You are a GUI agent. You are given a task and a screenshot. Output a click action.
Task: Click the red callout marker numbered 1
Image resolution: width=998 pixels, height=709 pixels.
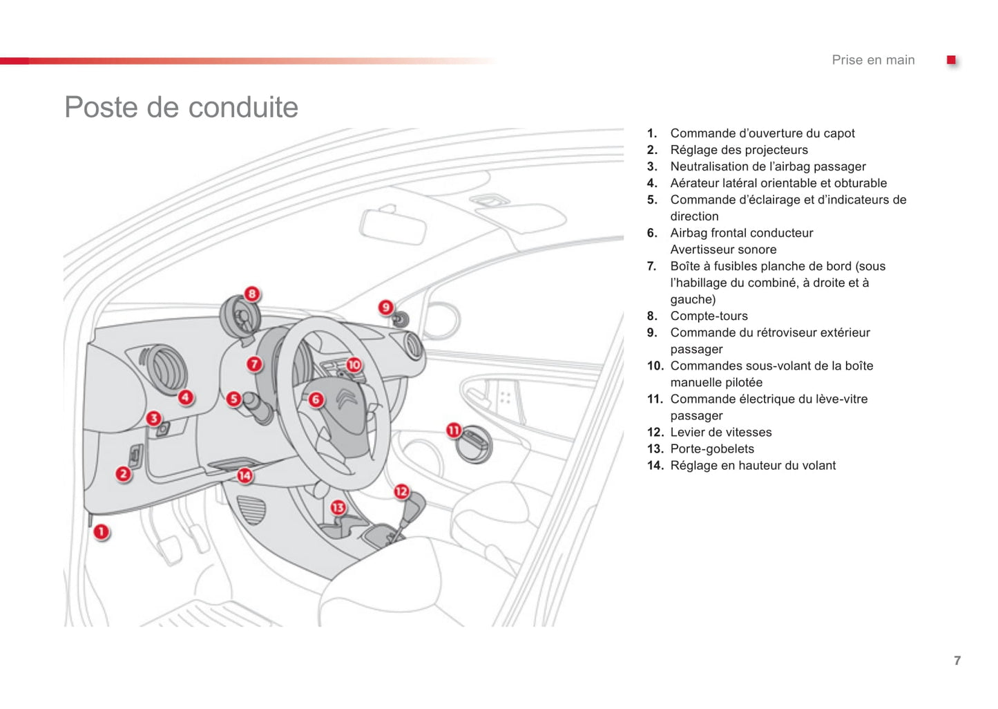[x=102, y=532]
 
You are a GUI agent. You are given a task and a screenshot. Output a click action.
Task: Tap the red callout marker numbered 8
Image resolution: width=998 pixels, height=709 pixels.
[x=252, y=294]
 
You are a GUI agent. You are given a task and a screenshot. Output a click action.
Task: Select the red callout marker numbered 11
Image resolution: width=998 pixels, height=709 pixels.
[x=454, y=431]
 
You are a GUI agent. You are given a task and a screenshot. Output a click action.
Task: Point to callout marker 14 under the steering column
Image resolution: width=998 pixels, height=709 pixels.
[x=244, y=475]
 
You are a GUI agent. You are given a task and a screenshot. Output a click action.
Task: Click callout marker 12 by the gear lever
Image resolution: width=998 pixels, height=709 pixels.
[x=401, y=492]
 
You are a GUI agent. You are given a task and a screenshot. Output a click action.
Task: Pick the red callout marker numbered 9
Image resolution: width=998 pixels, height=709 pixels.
[x=386, y=308]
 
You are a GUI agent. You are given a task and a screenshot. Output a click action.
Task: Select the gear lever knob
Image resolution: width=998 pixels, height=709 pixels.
[x=414, y=508]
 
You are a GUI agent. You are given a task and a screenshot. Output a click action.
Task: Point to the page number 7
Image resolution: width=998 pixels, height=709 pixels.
[x=957, y=661]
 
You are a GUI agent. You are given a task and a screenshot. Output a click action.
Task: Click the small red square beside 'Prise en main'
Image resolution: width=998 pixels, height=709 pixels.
[x=951, y=60]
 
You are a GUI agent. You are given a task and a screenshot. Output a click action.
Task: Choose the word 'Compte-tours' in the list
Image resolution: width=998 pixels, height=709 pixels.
[x=709, y=316]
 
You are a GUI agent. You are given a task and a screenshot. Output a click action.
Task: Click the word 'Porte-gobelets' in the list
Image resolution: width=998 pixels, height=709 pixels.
[x=712, y=448]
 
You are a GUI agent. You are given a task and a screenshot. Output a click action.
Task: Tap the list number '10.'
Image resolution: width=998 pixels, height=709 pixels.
[x=655, y=366]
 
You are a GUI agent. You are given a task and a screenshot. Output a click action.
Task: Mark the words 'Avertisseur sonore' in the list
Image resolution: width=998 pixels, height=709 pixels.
[x=723, y=249]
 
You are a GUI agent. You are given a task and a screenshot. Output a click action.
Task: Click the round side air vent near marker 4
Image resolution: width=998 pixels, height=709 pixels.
[x=164, y=369]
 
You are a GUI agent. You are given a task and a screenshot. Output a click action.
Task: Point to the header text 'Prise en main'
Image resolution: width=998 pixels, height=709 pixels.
[x=873, y=60]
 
